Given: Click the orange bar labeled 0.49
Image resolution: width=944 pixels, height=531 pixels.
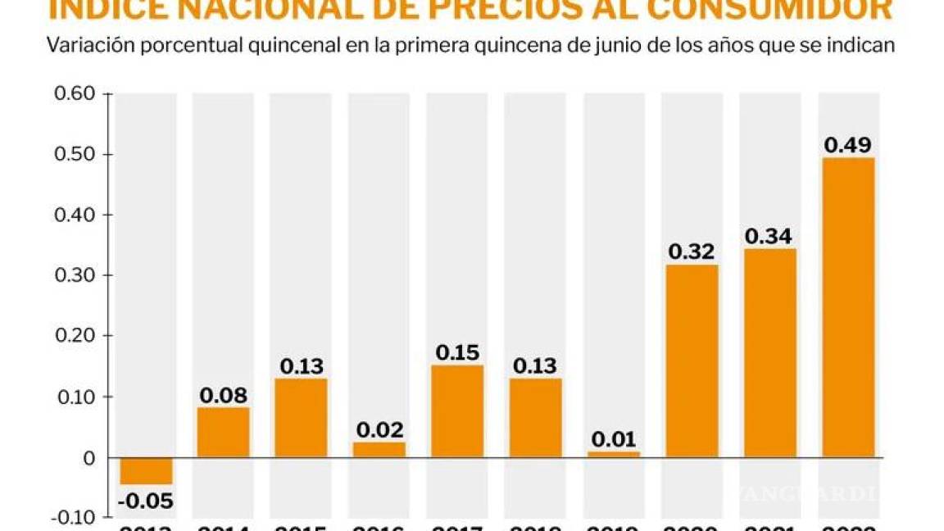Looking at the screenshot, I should (x=848, y=307).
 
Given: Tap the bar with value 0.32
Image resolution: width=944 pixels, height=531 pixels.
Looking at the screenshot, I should (x=692, y=361).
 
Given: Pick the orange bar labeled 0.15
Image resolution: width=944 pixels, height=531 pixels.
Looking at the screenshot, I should (x=457, y=411).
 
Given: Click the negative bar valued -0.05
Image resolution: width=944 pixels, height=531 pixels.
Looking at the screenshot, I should (x=146, y=470).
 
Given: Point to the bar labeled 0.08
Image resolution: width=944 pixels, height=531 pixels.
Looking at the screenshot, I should (x=224, y=432).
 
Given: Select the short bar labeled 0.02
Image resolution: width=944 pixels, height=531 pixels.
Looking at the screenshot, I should (x=379, y=449).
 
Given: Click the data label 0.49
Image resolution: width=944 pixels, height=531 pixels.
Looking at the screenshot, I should (x=848, y=145).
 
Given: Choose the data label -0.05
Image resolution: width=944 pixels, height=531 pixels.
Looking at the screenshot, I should (x=146, y=500).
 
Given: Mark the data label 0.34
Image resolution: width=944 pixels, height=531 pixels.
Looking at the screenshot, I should (x=770, y=236).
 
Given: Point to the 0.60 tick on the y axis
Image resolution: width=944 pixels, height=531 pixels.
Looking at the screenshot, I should (x=75, y=93).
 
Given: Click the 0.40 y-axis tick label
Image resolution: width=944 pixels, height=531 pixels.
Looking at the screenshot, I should (x=75, y=215).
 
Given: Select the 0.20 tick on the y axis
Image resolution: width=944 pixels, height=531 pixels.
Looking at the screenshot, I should (x=75, y=336).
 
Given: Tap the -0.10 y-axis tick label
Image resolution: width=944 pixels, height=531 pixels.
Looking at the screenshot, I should (x=72, y=518).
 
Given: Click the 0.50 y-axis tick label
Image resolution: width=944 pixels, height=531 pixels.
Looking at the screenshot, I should (x=75, y=154).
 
